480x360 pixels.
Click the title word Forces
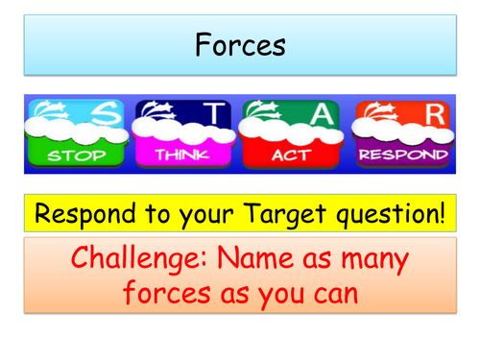tap(239, 44)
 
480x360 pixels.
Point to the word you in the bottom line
tap(277, 293)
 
